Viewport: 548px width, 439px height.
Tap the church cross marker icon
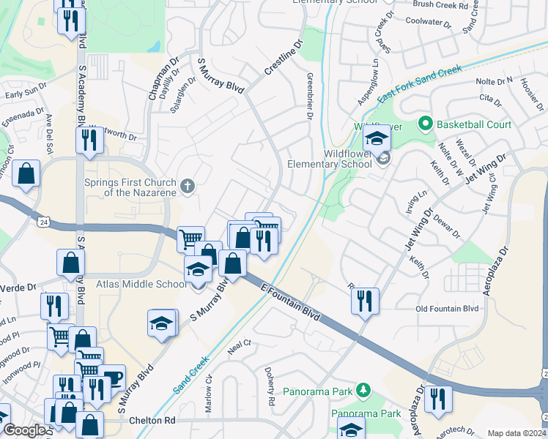(x=188, y=186)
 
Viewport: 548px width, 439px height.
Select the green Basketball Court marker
(x=423, y=124)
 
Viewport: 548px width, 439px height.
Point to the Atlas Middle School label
(x=141, y=284)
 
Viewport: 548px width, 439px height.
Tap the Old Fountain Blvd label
(x=446, y=309)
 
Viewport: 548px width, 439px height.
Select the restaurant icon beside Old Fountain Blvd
(x=364, y=300)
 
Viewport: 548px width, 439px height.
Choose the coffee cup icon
(x=112, y=377)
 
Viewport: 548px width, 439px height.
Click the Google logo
(x=23, y=431)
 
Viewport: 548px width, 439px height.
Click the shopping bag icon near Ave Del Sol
(x=26, y=174)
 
